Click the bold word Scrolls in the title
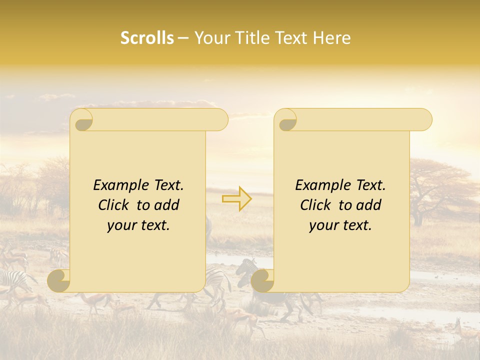point(147,38)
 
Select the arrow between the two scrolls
point(237,199)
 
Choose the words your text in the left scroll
point(138,225)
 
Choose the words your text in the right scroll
point(340,225)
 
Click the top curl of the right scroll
point(286,120)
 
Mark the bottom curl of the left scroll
point(59,280)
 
